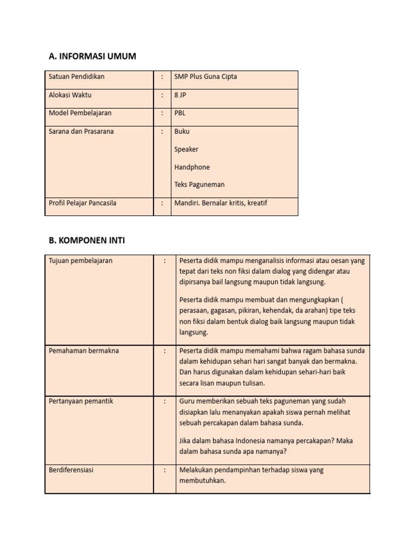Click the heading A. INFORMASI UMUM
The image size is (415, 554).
pos(92,56)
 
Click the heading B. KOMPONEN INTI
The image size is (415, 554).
pos(86,240)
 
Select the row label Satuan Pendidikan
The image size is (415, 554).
pos(76,77)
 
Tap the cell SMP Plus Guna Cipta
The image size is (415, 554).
pos(205,77)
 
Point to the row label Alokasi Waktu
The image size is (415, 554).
pos(70,95)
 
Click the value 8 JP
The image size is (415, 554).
pos(180,95)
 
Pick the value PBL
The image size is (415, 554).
pos(180,113)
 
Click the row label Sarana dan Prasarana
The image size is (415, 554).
pos(81,131)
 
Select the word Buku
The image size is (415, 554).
pos(182,131)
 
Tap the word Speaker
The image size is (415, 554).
pos(186,149)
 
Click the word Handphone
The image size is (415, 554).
pos(192,167)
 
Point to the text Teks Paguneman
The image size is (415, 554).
pos(199,184)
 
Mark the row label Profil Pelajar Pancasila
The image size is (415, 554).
pos(82,203)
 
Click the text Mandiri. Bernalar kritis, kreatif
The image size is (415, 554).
pos(220,203)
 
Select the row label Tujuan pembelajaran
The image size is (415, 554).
pos(81,261)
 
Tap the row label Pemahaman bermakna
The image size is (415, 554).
pos(84,351)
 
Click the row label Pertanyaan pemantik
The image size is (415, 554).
pos(81,401)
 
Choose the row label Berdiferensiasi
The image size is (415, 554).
pos(71,470)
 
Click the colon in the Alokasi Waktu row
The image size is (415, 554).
pos(162,95)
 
